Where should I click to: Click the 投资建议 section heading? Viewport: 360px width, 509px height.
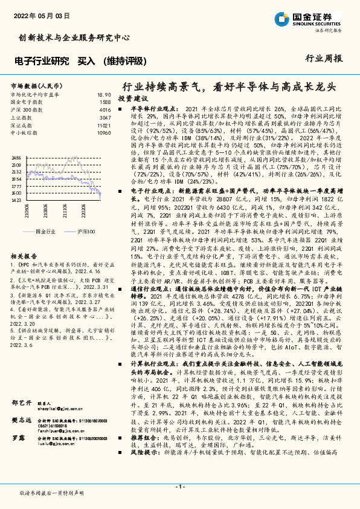[x=133, y=98]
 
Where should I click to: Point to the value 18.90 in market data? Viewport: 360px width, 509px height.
[x=104, y=95]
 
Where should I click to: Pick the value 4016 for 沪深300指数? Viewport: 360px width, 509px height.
[x=104, y=110]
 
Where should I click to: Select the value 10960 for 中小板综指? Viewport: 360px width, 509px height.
[x=104, y=132]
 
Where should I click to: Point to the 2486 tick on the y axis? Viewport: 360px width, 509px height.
[x=16, y=157]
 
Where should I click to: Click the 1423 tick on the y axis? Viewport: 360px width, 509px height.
[x=16, y=199]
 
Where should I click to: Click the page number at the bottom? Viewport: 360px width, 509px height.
[x=179, y=485]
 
